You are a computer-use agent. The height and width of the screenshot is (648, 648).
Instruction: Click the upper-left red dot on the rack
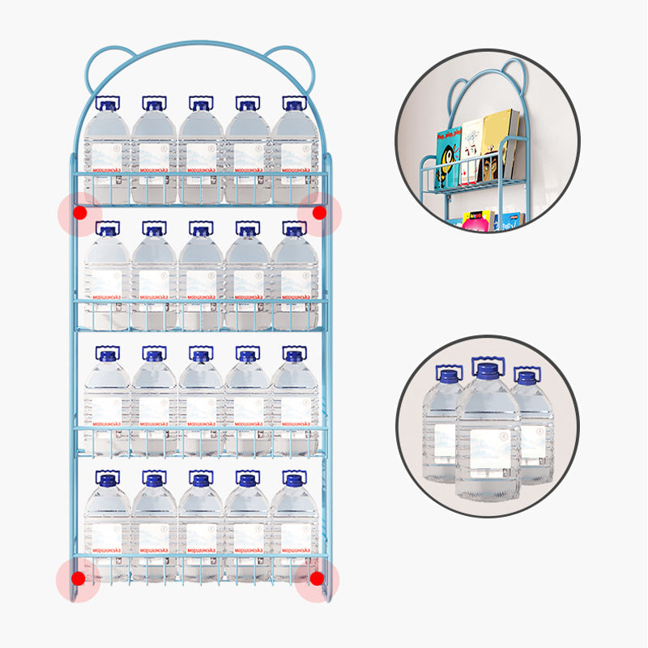click(79, 212)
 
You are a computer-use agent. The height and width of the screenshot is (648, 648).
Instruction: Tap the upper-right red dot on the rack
click(319, 212)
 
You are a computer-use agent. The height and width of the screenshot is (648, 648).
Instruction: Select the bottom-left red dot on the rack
click(78, 578)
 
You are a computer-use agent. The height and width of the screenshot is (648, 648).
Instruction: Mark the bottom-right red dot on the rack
click(317, 578)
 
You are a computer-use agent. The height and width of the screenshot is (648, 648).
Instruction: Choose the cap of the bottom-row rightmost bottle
click(295, 480)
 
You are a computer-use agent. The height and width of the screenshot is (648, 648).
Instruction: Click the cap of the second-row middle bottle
click(201, 231)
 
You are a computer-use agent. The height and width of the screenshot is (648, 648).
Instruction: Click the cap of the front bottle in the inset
click(487, 372)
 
